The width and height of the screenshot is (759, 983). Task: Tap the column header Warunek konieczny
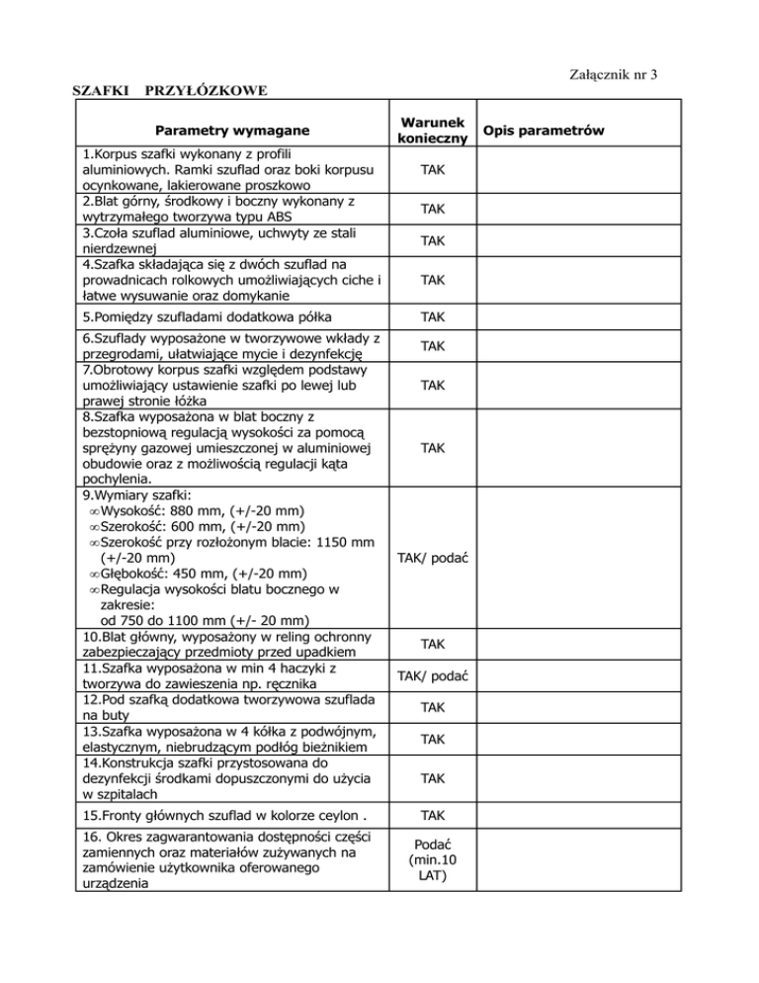point(431,131)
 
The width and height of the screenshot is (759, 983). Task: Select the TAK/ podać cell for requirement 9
point(431,560)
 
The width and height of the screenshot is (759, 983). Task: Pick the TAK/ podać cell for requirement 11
point(431,675)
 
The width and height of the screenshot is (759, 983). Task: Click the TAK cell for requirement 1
point(431,171)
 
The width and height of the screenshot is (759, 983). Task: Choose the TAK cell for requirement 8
point(431,448)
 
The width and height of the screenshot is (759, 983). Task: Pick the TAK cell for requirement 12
point(431,707)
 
